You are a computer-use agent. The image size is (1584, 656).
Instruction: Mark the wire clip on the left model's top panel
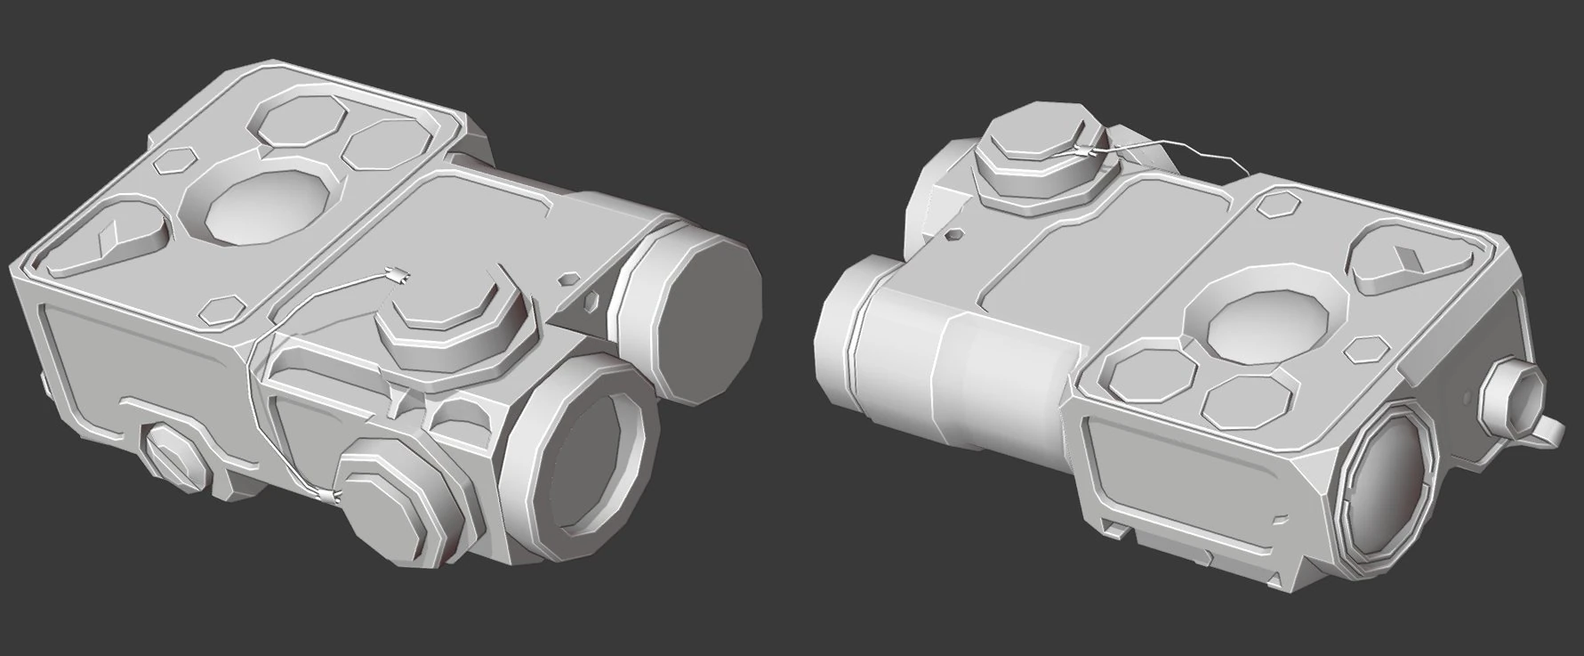point(398,275)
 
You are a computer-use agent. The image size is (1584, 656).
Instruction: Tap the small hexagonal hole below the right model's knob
point(954,236)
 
